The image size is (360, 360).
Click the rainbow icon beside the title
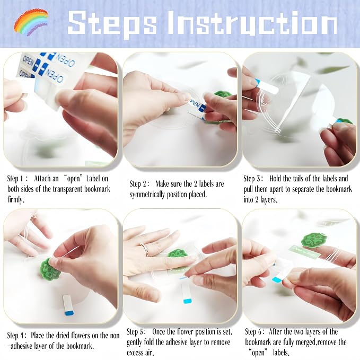pos(31,22)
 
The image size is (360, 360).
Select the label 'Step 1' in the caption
pos(15,178)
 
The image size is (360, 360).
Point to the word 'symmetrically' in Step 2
pos(147,195)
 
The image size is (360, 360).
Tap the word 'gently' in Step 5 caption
pos(135,343)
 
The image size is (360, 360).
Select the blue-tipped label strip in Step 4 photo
pos(68,305)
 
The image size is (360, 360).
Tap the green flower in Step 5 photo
pos(178,253)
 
